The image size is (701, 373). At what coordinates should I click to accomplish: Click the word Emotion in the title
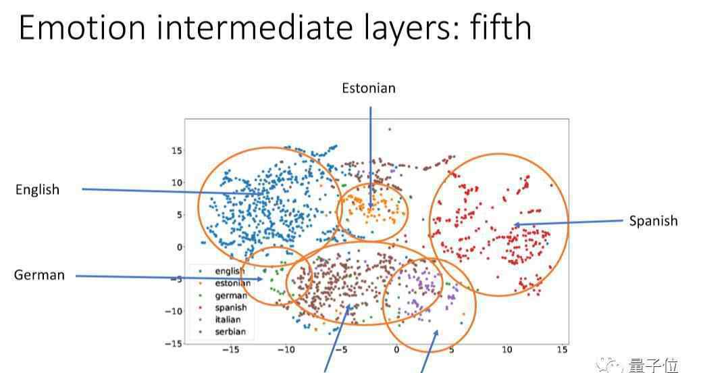82,28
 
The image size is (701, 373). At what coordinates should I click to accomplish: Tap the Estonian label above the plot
369,88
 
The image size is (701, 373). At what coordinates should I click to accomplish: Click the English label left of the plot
38,190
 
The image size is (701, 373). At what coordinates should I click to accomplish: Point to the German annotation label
39,274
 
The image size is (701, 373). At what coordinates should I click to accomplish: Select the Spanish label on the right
653,220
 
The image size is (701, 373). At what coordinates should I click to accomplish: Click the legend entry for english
230,271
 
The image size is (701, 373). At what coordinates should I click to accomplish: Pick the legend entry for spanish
231,307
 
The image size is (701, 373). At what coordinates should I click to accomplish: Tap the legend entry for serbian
230,331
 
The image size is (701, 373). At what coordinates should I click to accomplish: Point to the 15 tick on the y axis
177,151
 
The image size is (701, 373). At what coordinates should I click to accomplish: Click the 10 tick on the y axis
177,182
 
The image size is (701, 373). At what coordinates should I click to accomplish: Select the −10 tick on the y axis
174,311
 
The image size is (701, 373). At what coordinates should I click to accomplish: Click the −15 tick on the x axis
231,349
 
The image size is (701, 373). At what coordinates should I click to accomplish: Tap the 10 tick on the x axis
507,349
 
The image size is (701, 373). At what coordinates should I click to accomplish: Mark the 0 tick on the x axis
396,349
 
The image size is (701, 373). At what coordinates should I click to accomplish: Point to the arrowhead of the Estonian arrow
370,205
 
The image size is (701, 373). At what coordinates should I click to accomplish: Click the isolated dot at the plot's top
390,129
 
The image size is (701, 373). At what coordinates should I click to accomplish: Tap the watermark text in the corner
653,366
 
